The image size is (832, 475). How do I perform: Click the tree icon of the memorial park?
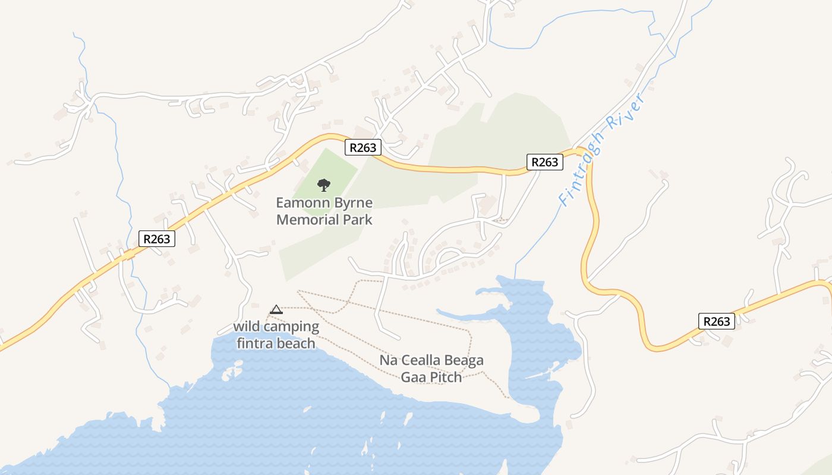point(323,185)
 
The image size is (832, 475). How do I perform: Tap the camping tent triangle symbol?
point(276,309)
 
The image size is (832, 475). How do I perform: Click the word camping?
point(291,327)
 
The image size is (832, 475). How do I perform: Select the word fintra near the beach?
point(255,343)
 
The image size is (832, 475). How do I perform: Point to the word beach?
point(296,343)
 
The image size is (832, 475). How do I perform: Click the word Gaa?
point(414,377)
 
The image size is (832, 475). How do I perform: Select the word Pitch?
point(446,377)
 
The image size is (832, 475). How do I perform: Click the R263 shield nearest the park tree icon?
point(363,147)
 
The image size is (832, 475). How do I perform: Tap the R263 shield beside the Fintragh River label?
point(544,161)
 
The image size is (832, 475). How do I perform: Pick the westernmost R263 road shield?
point(157,239)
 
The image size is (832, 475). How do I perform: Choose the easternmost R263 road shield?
point(716,321)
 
